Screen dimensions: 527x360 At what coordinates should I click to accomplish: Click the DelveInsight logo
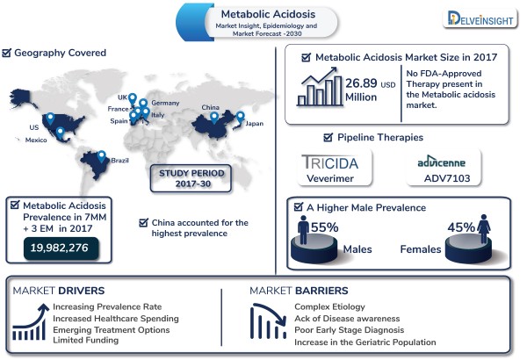point(480,18)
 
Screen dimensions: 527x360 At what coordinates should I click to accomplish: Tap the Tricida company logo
point(330,162)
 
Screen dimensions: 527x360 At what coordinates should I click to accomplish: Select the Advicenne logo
point(441,162)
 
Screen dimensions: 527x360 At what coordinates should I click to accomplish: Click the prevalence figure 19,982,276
point(60,248)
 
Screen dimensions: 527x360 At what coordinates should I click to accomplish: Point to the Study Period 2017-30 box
point(191,178)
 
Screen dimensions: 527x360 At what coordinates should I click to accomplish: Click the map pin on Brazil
point(101,156)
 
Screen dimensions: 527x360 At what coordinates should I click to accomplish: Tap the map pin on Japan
point(240,118)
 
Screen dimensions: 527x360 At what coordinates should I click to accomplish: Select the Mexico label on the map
point(36,140)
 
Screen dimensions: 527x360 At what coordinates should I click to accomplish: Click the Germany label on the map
point(165,103)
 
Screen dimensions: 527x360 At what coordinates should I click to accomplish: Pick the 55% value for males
point(324,227)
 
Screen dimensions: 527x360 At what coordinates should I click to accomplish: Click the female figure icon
point(484,229)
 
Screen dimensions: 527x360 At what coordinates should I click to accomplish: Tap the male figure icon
point(303,230)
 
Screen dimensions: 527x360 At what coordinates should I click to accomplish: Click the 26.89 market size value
point(361,83)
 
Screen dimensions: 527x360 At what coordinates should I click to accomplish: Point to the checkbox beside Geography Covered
point(6,53)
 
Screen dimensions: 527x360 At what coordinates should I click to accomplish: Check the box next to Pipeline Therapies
point(328,137)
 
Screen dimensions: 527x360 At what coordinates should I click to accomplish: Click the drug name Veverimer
point(330,178)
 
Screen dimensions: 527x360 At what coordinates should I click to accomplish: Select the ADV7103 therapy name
point(447,178)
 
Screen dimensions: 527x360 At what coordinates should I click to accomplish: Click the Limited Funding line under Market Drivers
point(86,340)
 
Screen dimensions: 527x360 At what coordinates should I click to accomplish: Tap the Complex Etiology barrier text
point(329,306)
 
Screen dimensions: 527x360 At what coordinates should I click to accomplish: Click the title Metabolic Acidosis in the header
point(268,14)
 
